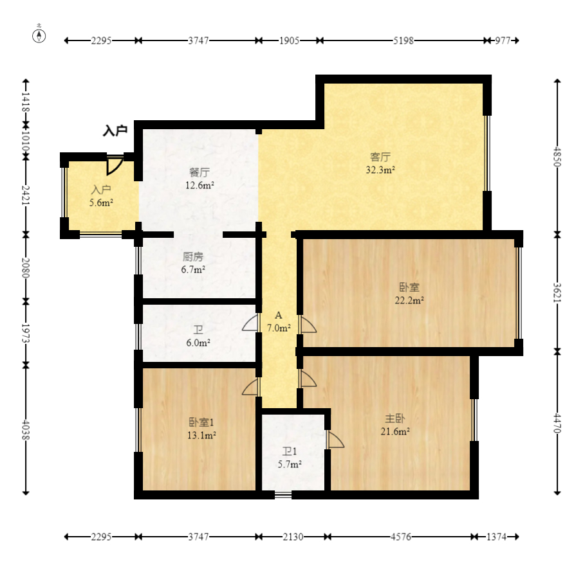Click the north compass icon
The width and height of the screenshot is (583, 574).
(39, 35)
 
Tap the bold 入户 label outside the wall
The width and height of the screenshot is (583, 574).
(115, 130)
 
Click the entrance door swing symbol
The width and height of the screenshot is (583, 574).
(115, 166)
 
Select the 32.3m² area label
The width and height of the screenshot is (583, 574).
(380, 170)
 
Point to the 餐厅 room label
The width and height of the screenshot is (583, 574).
(199, 172)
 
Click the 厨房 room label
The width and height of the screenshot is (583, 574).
(193, 256)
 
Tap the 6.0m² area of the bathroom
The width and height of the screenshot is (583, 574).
(198, 343)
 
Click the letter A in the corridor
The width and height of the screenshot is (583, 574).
(279, 316)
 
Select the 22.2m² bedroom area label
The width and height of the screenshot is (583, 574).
(409, 300)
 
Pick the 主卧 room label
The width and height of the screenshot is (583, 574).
(395, 418)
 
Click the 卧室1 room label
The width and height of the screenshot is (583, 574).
(201, 422)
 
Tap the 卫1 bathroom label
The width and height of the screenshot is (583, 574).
(290, 451)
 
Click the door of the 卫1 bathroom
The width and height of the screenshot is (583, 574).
(335, 440)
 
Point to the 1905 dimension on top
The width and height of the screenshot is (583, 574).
(290, 40)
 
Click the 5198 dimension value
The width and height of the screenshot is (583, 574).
(403, 40)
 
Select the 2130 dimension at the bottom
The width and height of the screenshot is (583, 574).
(293, 537)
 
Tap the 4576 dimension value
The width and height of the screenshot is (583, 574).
(401, 537)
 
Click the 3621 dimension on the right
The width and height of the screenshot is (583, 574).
(557, 293)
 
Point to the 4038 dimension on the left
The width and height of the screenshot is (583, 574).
(26, 430)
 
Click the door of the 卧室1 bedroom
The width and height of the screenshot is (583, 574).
(250, 387)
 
